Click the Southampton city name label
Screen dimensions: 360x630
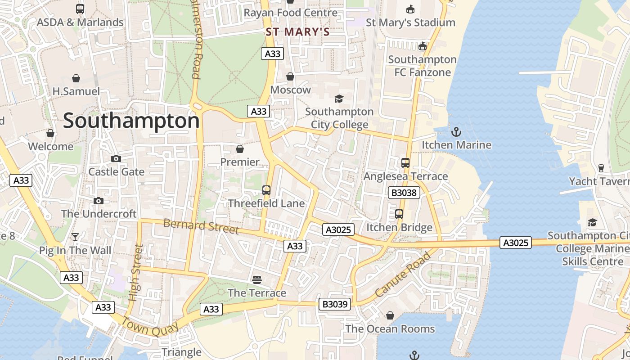tap(131, 121)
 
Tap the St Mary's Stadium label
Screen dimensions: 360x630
tap(410, 22)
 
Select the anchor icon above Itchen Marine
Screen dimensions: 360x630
tap(456, 132)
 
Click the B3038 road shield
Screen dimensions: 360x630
tap(404, 193)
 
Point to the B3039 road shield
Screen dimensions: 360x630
tap(335, 304)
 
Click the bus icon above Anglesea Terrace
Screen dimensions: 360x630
tap(405, 163)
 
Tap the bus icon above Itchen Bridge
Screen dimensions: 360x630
tap(399, 214)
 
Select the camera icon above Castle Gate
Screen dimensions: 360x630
tap(116, 158)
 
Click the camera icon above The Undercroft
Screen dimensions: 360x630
tap(99, 201)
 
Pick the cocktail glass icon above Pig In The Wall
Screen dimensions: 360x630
tap(75, 237)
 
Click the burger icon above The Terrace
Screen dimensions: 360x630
tap(257, 280)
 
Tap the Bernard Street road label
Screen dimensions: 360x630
tap(201, 226)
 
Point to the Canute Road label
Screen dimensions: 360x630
tap(403, 274)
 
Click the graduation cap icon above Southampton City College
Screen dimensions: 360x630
tap(339, 99)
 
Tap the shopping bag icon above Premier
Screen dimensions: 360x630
tap(240, 149)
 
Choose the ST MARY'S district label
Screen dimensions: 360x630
tap(297, 32)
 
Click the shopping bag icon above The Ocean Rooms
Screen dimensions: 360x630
tap(390, 316)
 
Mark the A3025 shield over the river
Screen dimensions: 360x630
tap(515, 243)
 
